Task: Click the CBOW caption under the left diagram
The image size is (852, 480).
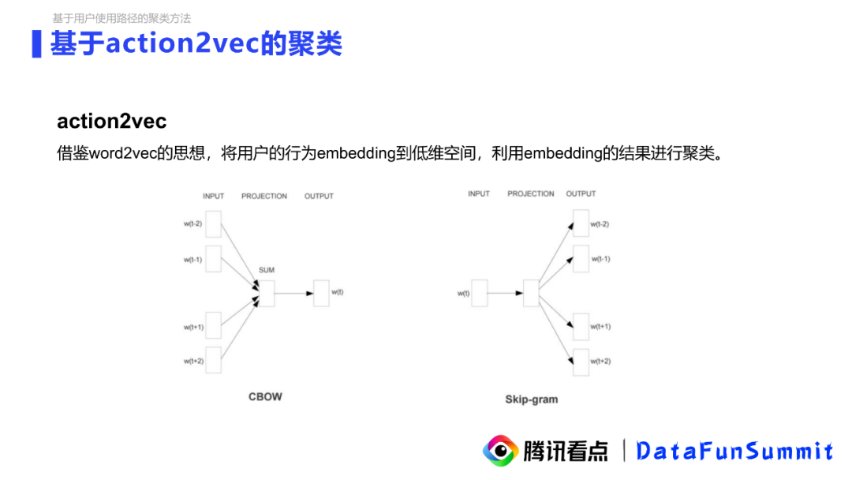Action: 265,396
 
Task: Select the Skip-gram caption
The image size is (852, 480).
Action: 531,399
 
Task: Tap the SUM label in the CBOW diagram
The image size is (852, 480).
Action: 267,270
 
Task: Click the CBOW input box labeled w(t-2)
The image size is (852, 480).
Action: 213,223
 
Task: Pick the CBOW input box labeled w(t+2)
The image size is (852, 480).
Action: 213,360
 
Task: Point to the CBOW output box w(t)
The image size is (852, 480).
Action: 321,293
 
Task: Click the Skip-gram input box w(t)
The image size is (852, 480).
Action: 479,294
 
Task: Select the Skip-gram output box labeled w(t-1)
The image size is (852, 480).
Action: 581,259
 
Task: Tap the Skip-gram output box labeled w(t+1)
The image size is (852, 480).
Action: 581,327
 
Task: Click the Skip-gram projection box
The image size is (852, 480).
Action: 530,293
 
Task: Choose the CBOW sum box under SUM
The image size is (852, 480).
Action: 267,293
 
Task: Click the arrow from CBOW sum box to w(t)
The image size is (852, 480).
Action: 293,293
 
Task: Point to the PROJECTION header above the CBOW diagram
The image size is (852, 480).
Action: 264,196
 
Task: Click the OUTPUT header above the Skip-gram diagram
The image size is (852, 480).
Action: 581,193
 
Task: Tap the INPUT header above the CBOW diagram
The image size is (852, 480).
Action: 213,196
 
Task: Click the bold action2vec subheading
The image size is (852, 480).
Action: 111,122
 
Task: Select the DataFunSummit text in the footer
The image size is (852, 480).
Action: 734,451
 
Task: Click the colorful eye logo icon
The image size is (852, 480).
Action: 500,451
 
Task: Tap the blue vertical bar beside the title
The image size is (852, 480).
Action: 36,43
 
